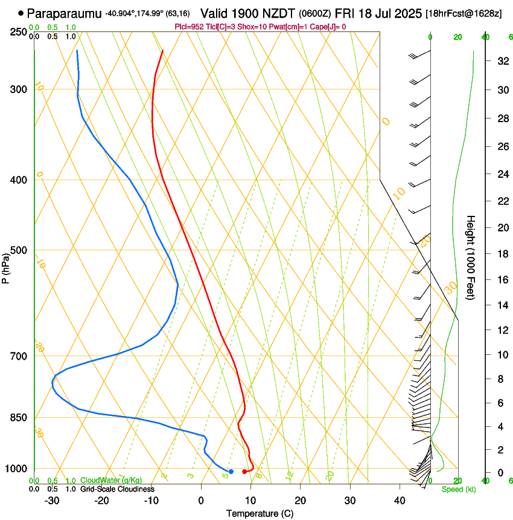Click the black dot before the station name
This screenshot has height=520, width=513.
(21, 13)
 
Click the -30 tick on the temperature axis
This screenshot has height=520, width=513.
(52, 501)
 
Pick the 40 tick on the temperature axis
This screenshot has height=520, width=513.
(399, 501)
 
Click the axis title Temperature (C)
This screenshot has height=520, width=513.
(260, 513)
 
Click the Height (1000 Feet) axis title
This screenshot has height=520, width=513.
(471, 257)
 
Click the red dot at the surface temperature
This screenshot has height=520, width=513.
(244, 472)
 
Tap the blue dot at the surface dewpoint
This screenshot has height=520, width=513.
(231, 471)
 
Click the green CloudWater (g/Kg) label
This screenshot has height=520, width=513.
(111, 481)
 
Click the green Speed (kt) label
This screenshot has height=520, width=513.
(459, 489)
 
